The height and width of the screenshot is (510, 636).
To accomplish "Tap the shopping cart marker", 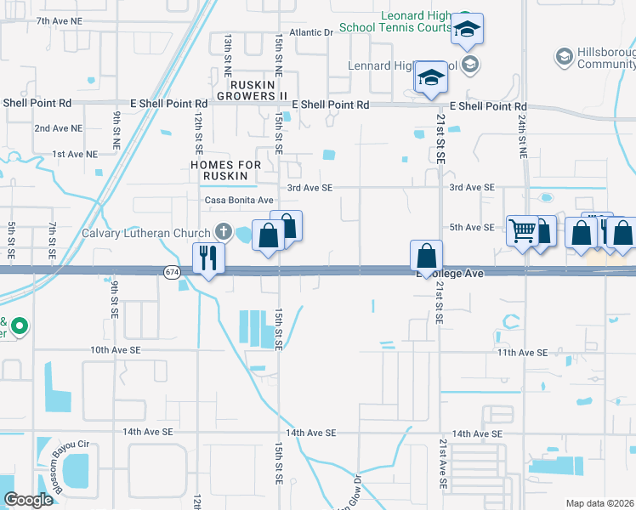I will (522, 229).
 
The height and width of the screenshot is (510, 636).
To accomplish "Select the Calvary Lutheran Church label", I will (146, 233).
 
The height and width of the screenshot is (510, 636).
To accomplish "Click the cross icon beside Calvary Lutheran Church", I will (223, 231).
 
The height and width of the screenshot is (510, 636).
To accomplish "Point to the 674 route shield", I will (173, 271).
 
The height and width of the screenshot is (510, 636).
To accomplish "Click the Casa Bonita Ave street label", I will (238, 200).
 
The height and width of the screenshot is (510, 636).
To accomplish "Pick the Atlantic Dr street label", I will (311, 32).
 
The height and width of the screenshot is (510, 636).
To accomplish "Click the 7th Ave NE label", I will (60, 20).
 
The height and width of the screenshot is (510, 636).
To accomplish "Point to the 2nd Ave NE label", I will (59, 128).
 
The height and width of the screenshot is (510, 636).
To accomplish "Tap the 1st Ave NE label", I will (75, 154).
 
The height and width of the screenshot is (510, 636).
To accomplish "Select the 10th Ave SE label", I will (117, 349).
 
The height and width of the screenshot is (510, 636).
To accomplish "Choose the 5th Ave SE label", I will (472, 227).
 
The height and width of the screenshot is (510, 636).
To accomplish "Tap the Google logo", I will (28, 500).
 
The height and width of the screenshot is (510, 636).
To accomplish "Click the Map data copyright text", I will (599, 503).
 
